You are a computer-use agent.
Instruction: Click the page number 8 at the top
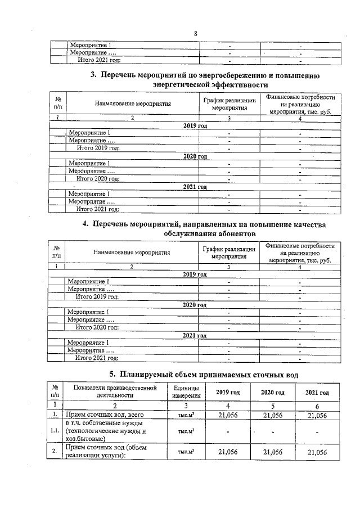pos(195,33)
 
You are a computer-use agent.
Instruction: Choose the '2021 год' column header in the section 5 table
pos(317,392)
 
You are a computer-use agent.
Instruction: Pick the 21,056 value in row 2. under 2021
pos(317,452)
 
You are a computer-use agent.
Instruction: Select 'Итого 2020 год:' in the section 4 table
pos(97,327)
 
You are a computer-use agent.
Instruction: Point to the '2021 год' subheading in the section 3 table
pos(195,187)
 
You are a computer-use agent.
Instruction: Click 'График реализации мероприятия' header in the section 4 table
pos(229,252)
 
